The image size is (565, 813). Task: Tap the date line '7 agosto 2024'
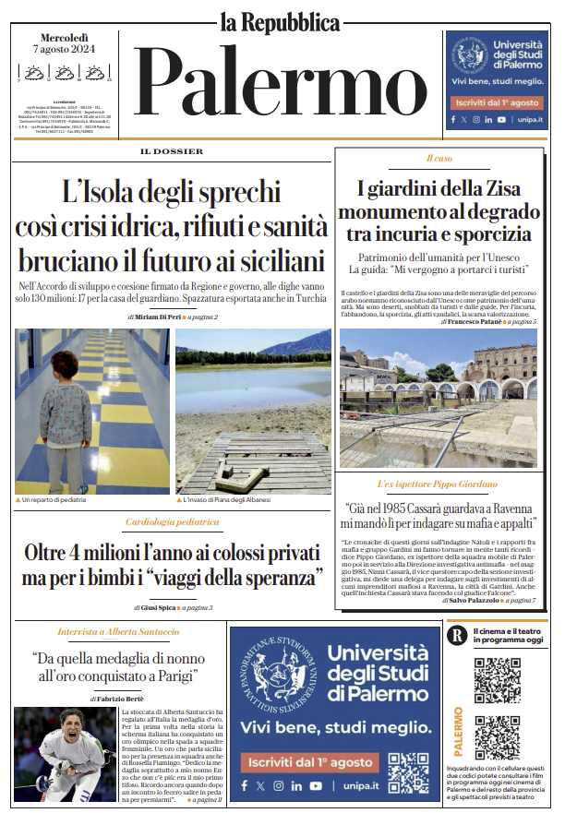[65, 48]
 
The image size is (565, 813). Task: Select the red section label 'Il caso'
[439, 159]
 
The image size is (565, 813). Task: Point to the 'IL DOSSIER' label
[172, 151]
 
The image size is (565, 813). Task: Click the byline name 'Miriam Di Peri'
[158, 317]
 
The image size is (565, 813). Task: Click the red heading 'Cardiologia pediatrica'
[172, 522]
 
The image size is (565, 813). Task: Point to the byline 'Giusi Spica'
[157, 607]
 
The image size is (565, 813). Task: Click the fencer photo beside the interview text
[65, 754]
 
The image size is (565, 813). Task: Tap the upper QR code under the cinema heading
[497, 680]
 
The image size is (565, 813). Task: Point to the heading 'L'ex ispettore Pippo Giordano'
[438, 484]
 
